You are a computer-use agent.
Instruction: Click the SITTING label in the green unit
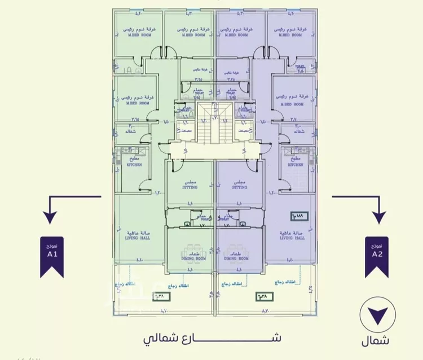pos(190,187)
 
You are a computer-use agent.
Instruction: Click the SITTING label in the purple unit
pos(240,187)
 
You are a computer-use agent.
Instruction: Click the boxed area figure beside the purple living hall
pos(296,216)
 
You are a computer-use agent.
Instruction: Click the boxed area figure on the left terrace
pos(161,295)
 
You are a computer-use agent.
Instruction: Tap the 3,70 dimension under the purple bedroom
pos(293,119)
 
